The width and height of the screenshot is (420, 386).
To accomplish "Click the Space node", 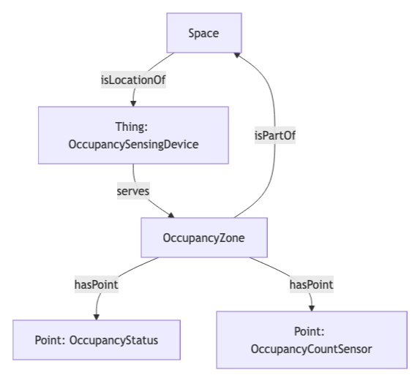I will click(x=203, y=33).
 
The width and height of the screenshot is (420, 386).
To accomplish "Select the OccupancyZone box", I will click(x=203, y=238).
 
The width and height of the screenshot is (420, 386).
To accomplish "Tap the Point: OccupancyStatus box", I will click(x=96, y=340).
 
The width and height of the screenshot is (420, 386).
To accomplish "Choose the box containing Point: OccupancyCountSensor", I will click(x=311, y=340).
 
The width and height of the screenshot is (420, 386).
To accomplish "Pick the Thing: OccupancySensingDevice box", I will click(x=133, y=135).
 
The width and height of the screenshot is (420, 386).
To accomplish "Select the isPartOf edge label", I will click(x=275, y=135).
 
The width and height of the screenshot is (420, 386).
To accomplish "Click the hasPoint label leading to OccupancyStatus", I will click(x=96, y=284).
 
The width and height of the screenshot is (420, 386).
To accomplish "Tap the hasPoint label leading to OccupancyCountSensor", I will click(x=311, y=284).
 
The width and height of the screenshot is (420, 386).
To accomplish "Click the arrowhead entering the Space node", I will click(x=236, y=56).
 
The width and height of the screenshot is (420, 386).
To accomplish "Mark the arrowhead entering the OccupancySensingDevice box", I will click(x=133, y=103).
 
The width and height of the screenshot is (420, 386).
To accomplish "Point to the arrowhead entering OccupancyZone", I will click(x=172, y=216).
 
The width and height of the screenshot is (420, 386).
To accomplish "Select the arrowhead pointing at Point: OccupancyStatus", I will click(x=96, y=316).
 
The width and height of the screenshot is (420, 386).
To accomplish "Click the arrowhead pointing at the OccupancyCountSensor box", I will click(x=312, y=307).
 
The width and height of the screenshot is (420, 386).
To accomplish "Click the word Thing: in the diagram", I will click(x=132, y=126).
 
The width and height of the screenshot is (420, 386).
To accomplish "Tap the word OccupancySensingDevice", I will click(x=133, y=144).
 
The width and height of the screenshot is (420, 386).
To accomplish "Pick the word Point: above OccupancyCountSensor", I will click(x=311, y=331).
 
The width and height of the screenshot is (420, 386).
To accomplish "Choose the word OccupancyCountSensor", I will click(x=311, y=349).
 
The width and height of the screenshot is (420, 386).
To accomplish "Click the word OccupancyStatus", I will click(x=113, y=340).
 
